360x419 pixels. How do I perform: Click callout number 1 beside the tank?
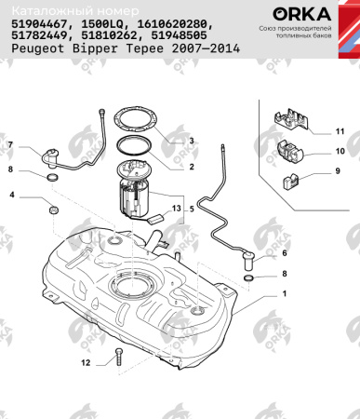(285, 293)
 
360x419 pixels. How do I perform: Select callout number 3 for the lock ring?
(192, 141)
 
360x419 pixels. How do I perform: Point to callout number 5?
(193, 210)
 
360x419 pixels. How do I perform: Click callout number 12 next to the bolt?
(85, 361)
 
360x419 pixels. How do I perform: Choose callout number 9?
(340, 170)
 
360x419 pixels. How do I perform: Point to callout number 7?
(10, 146)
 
